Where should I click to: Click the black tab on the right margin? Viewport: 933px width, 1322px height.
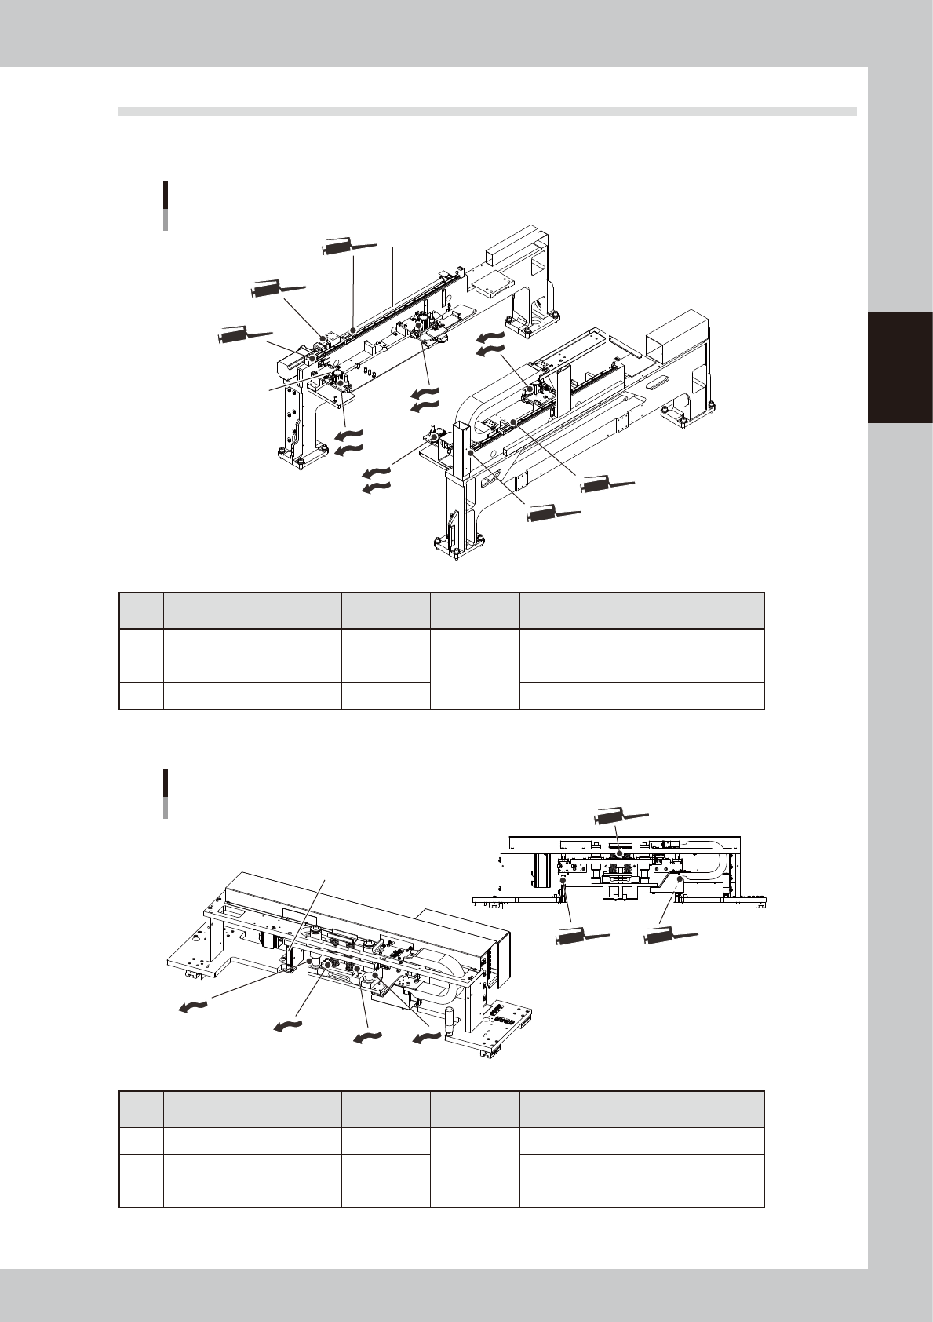coord(900,367)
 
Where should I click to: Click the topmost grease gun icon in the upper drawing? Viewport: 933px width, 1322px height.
coord(348,247)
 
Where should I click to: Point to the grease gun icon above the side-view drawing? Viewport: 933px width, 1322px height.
coord(621,816)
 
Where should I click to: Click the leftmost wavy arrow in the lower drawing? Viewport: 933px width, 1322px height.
coord(192,1007)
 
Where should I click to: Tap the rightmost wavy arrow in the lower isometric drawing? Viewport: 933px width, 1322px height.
coord(425,1039)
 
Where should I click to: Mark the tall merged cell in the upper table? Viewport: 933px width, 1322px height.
coord(475,669)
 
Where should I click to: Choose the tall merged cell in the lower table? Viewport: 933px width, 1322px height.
coord(475,1167)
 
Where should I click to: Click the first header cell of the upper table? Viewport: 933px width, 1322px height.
coord(141,611)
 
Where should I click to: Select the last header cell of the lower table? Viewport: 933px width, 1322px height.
coord(641,1109)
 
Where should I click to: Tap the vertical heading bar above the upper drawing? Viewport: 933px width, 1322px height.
coord(166,206)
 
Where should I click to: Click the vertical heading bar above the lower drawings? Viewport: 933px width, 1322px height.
coord(166,794)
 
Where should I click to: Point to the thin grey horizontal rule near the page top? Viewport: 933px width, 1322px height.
coord(487,111)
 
